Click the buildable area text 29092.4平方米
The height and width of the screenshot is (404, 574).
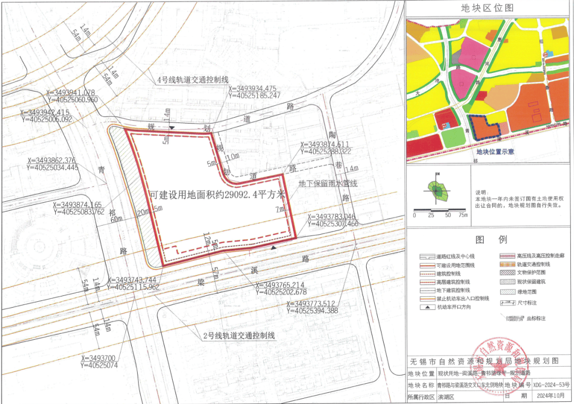pos(218,195)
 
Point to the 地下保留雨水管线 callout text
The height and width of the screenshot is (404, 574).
pos(328,184)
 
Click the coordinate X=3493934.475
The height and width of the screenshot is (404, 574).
pos(252,89)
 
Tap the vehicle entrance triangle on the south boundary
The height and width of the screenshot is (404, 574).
pos(274,248)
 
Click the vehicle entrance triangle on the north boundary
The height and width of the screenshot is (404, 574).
pos(172,128)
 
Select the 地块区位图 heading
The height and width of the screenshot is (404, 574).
pos(487,8)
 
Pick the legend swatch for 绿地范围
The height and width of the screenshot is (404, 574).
pos(505,291)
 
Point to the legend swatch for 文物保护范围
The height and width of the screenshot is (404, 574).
pos(505,273)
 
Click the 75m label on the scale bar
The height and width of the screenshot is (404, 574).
pos(463,216)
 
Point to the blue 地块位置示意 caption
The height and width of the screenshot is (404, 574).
pos(495,152)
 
